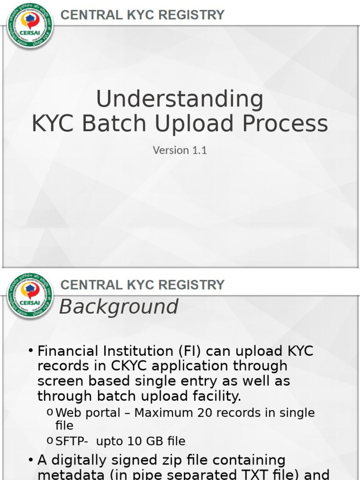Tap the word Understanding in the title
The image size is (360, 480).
coord(180,99)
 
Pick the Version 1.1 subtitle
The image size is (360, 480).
coord(180,150)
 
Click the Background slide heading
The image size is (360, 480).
coord(119,307)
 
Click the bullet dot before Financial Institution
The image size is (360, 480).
coord(30,351)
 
